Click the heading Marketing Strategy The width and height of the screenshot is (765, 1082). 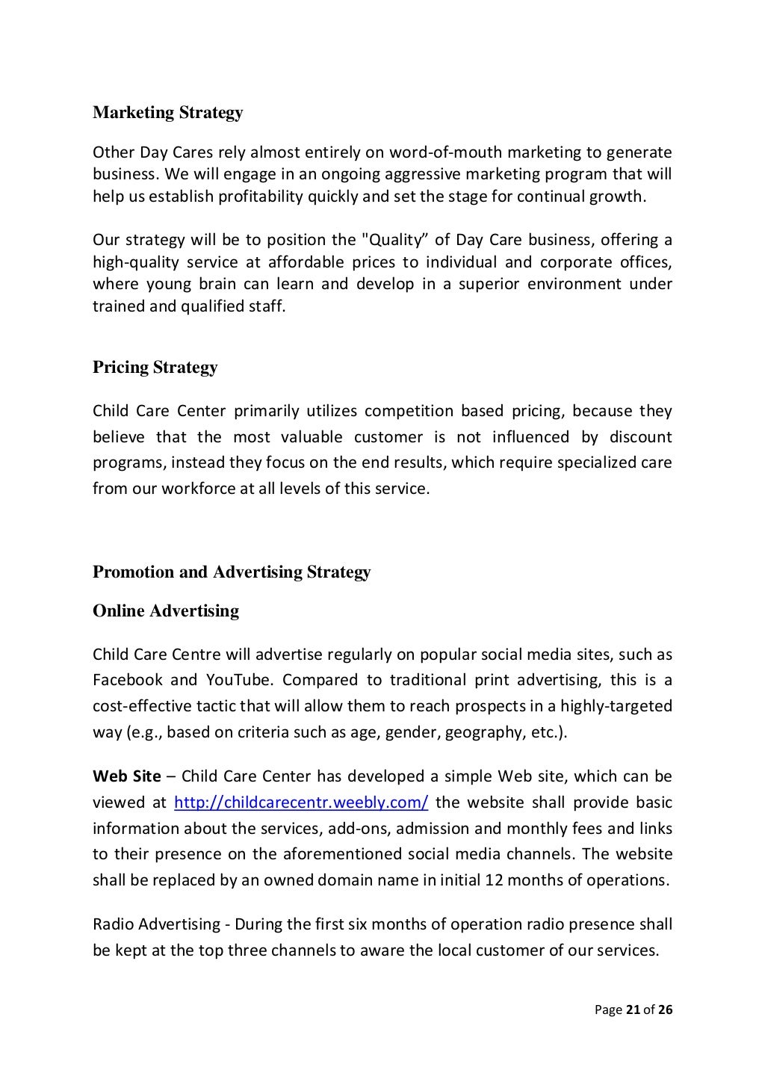(167, 113)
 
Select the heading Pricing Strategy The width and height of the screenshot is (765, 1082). (155, 368)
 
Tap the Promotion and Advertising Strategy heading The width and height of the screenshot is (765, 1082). (232, 572)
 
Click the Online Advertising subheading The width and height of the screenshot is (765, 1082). (166, 611)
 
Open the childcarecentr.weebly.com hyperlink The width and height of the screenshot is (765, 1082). (300, 803)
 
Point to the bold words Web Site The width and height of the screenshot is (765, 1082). (126, 777)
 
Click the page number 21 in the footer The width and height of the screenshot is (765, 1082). (632, 1010)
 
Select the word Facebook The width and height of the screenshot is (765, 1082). (127, 681)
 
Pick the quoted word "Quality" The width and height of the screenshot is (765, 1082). (395, 241)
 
